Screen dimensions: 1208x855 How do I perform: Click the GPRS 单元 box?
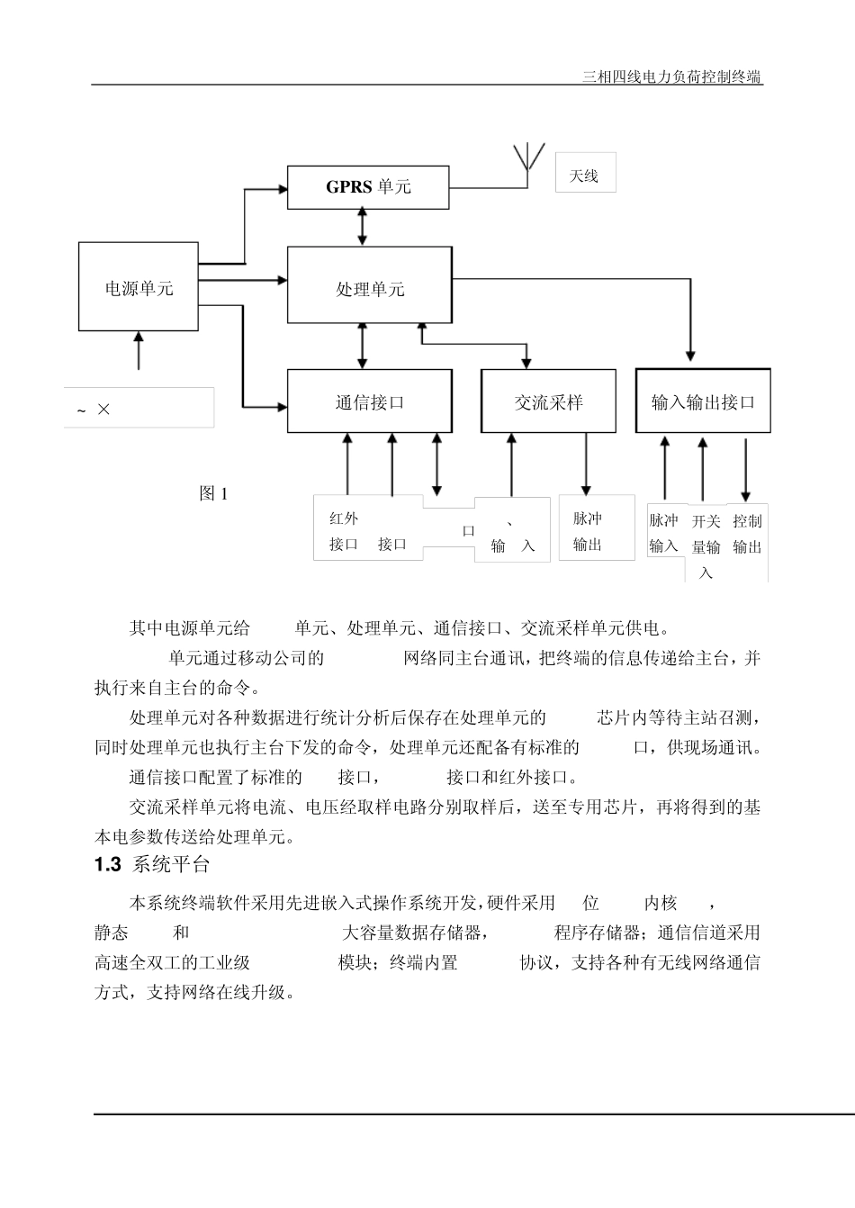click(x=368, y=187)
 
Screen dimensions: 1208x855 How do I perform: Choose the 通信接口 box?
click(x=369, y=402)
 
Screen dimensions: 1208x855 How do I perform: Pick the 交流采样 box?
click(x=548, y=402)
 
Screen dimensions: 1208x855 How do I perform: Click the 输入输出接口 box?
click(x=703, y=402)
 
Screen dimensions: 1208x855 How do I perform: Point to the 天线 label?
click(x=584, y=176)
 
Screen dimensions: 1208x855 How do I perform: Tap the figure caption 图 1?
click(x=213, y=493)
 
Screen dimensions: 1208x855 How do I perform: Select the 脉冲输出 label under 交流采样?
click(x=588, y=531)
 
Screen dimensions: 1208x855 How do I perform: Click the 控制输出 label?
click(x=747, y=534)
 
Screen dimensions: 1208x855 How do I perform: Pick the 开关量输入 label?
click(x=706, y=545)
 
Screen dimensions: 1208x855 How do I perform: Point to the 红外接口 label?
click(x=344, y=531)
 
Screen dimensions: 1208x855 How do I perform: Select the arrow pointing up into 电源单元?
click(x=139, y=350)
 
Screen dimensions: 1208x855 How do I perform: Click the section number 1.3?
click(x=107, y=865)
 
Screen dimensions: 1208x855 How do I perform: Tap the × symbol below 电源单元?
click(x=103, y=410)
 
